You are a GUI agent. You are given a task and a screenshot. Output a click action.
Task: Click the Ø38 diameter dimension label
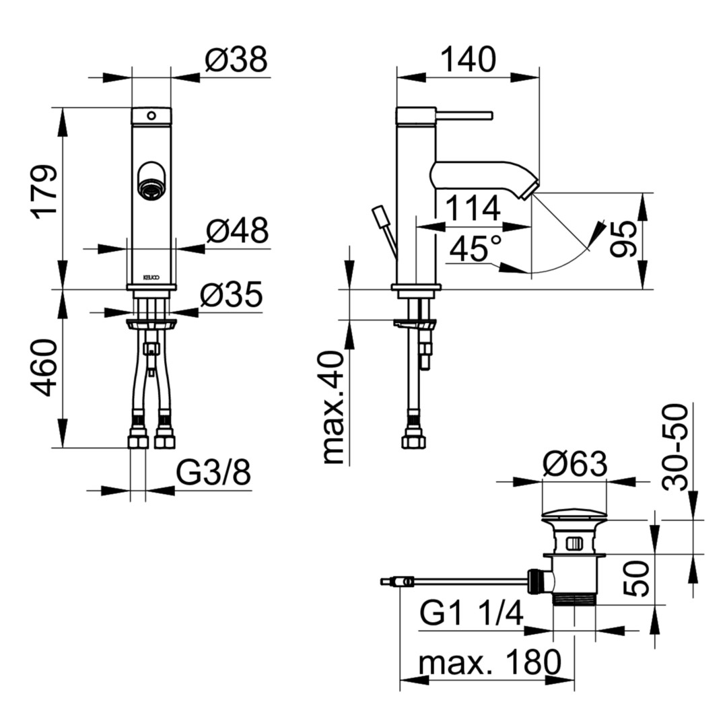236,60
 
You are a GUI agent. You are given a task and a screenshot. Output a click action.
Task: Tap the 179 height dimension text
44,191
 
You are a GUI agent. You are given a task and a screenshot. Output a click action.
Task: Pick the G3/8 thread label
213,473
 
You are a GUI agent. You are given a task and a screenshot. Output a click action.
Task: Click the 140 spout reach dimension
468,59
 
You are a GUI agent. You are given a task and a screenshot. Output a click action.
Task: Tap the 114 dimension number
473,208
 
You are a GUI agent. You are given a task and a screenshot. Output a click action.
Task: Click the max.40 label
333,407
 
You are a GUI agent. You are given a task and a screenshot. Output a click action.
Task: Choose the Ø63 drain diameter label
575,464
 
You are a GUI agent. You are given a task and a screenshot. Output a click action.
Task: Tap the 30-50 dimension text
675,447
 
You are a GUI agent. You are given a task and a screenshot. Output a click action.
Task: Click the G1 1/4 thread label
471,613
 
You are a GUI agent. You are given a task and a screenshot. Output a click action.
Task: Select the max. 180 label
489,662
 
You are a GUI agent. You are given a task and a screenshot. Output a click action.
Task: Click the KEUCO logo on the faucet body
151,277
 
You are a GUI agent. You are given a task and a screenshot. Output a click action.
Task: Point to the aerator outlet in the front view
151,188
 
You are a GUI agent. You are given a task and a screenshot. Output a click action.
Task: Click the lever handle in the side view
464,115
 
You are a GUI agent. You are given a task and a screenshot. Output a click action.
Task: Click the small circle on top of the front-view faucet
151,116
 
